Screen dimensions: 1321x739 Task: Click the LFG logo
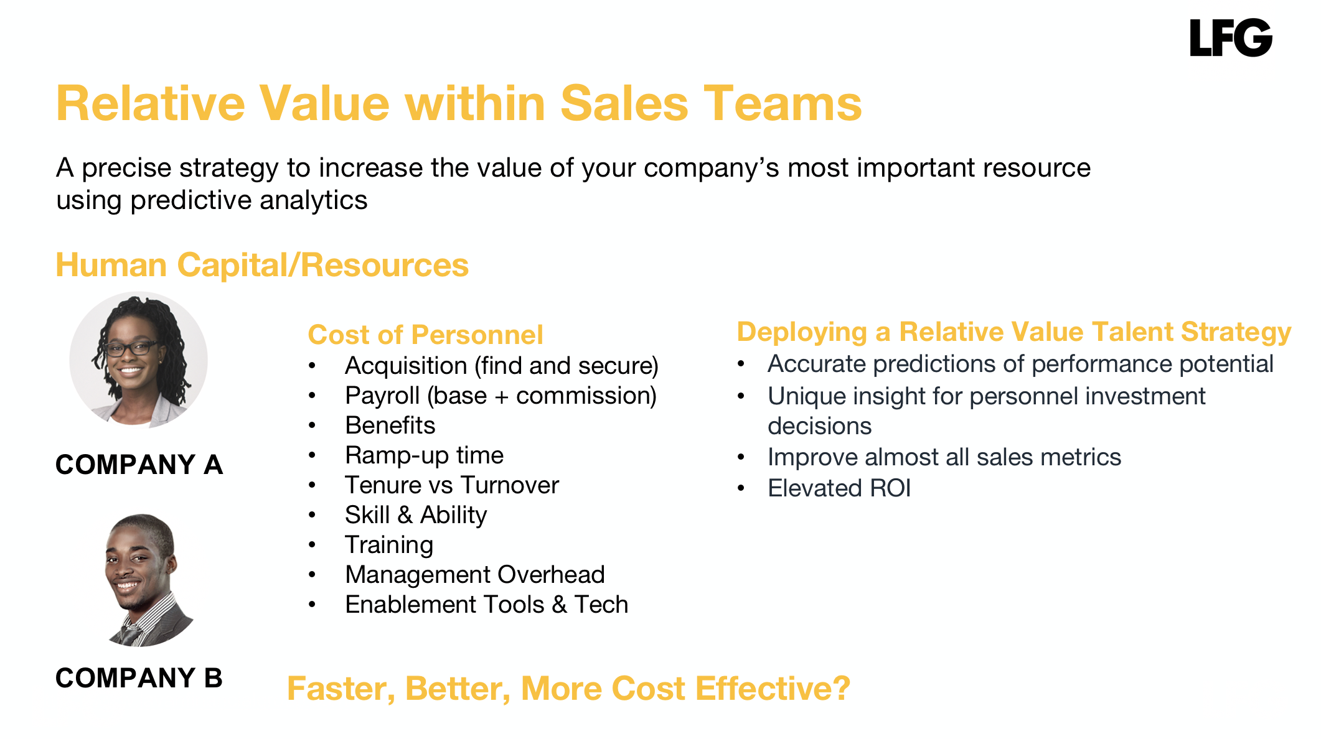[x=1231, y=37]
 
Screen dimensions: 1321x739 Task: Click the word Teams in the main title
[x=783, y=103]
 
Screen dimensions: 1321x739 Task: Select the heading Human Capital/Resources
[x=262, y=265]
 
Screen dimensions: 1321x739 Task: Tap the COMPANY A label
[x=139, y=465]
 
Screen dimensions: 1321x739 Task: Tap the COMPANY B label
[x=139, y=678]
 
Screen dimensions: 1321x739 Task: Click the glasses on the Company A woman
[x=131, y=348]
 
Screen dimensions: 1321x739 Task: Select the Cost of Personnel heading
[x=426, y=335]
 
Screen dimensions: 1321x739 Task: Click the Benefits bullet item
[x=390, y=425]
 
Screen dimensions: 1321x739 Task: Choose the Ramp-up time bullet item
[x=425, y=455]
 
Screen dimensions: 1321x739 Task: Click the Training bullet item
[x=390, y=545]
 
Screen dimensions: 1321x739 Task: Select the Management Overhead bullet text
[x=475, y=575]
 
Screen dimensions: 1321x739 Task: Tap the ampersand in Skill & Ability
[x=405, y=515]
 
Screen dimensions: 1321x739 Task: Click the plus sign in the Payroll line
[x=502, y=397]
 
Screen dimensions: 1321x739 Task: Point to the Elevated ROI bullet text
[x=839, y=488]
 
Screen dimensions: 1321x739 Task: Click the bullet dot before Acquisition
[x=313, y=366]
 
